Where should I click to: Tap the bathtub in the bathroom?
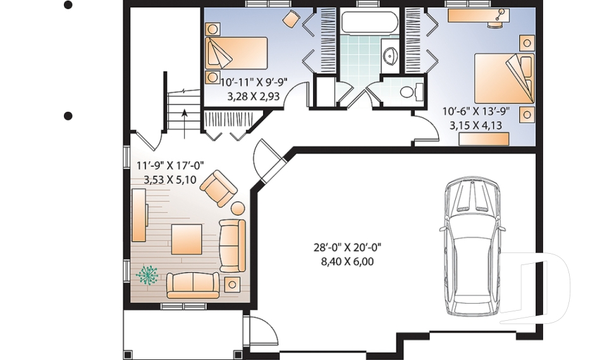[370, 24]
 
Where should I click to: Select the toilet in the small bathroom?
[408, 92]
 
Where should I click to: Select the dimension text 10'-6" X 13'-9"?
[475, 112]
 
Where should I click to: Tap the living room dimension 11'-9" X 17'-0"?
[170, 166]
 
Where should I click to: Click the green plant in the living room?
[148, 275]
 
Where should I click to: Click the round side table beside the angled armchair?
[238, 208]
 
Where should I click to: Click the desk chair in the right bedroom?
[503, 14]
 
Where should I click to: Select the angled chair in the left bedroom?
[291, 20]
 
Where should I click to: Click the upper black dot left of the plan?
[68, 6]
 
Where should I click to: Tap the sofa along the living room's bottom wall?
[193, 285]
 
